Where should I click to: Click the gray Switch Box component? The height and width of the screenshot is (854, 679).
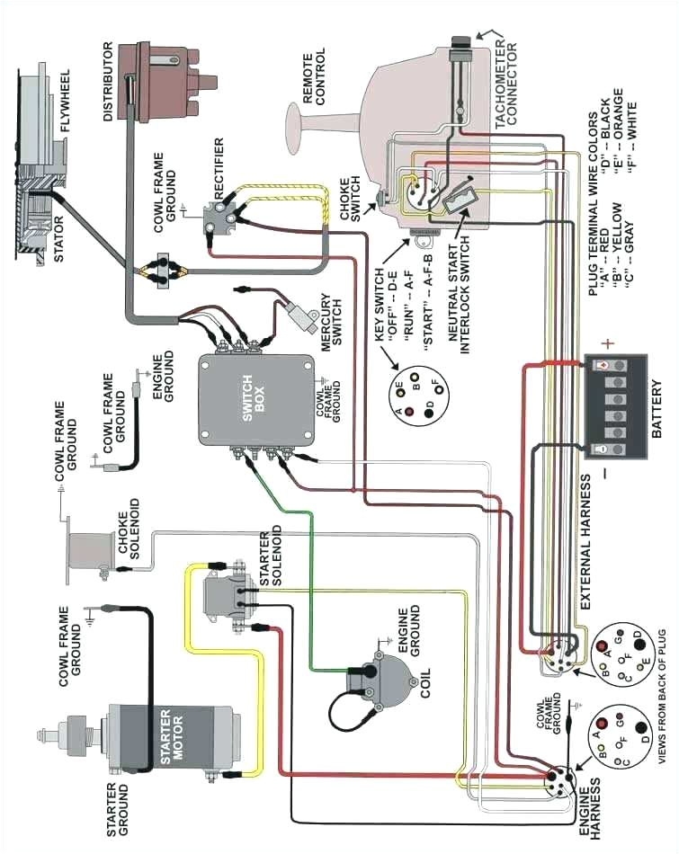[x=251, y=400]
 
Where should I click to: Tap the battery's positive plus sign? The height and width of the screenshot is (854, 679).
[x=607, y=343]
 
